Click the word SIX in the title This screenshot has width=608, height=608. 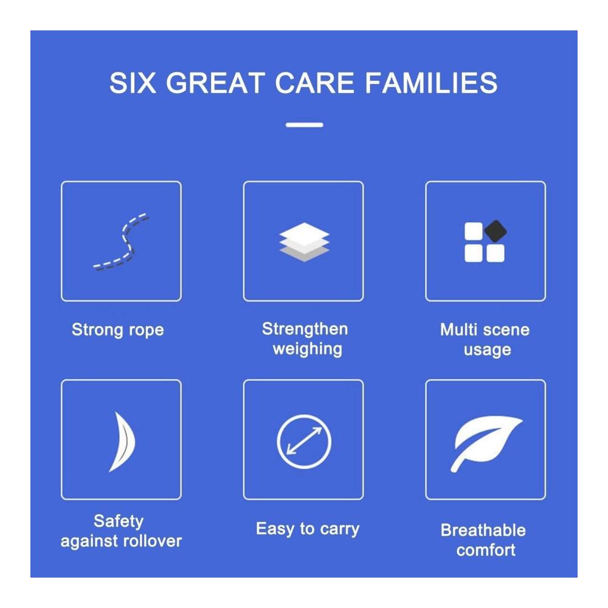coord(133,83)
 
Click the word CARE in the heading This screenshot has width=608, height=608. coord(314,83)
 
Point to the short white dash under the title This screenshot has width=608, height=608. coord(305,125)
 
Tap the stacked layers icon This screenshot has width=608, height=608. coord(305,242)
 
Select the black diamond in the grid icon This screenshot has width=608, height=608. coord(496,231)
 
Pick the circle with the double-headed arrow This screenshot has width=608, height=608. coord(304,441)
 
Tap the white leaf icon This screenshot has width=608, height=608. coord(485,443)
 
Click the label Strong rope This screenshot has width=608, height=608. coord(118,330)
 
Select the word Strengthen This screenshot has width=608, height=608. coord(305,329)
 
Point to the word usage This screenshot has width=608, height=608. coord(488,350)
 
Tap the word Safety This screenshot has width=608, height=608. coord(119,522)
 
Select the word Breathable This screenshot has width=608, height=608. coord(483,530)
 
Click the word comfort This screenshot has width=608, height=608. coord(486,550)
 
